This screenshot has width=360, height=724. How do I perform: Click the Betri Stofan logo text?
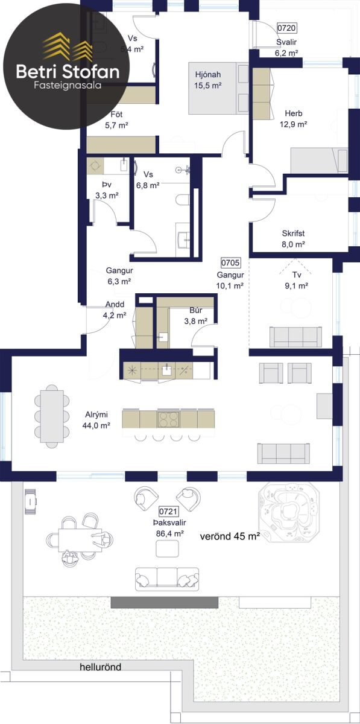[x=68, y=71]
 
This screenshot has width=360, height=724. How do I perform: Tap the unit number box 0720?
[x=286, y=28]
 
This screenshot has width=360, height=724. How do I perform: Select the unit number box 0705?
[x=230, y=263]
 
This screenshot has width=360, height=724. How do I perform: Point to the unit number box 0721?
[x=168, y=511]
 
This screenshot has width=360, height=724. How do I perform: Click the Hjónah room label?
[x=208, y=75]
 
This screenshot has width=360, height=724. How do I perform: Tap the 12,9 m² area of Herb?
[x=294, y=124]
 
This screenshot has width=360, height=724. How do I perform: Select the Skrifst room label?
[x=293, y=233]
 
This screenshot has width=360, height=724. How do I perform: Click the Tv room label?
[x=297, y=275]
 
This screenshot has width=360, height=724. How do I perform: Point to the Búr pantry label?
[x=196, y=310]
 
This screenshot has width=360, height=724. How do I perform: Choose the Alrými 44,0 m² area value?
[x=96, y=425]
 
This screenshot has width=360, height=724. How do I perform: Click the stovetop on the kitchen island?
[x=168, y=419]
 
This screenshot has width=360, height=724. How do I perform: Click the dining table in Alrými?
[x=52, y=416]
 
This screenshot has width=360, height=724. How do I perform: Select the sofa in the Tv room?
[x=295, y=337]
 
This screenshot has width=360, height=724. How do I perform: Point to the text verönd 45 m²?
[x=230, y=537]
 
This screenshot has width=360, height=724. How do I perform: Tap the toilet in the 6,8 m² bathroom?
[x=183, y=199]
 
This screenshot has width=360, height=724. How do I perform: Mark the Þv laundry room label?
[x=107, y=185]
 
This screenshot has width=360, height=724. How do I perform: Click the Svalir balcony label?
[x=286, y=42]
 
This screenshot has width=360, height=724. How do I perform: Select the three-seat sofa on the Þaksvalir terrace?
[x=167, y=579]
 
